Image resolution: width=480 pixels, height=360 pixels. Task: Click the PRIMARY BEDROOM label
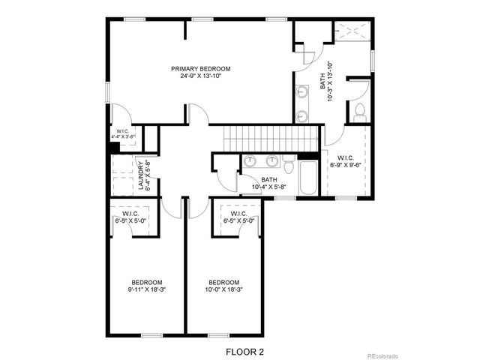click(199, 68)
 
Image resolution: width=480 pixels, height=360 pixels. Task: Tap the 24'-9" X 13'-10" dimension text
click(199, 76)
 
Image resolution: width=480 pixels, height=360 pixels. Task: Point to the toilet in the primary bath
click(358, 113)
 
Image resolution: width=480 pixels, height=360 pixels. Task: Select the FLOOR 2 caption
click(244, 350)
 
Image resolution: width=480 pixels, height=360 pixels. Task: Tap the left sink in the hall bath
click(250, 161)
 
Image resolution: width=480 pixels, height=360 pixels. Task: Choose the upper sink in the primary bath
click(302, 92)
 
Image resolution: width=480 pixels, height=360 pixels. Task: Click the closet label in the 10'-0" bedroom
click(237, 217)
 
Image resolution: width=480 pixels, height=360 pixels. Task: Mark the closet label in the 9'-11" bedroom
click(132, 217)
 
